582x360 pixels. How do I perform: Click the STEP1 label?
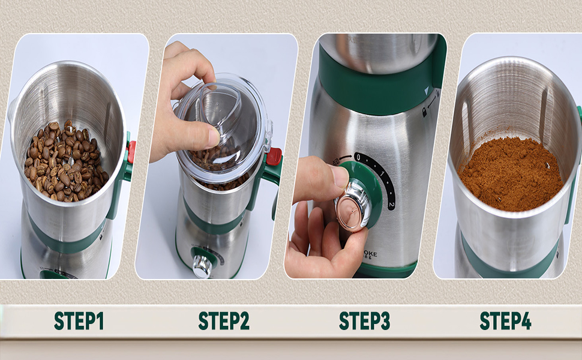point(79,321)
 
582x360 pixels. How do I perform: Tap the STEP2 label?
point(224,321)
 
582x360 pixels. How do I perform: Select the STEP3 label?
point(364,321)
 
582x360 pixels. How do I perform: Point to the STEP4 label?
point(505,321)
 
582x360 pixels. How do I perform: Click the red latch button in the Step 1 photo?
point(131,152)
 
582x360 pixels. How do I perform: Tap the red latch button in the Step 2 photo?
point(274,157)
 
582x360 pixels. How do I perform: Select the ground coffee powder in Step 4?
point(510,174)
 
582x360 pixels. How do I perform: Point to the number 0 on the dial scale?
point(358,158)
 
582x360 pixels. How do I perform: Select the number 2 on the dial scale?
point(391,206)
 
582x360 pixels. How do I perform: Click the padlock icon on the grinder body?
point(425,112)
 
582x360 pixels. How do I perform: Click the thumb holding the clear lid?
point(206,137)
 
